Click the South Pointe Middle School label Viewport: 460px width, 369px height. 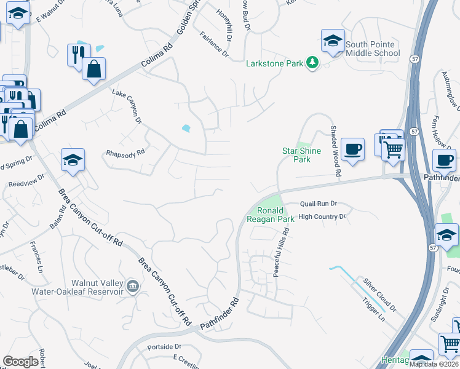coord(373,49)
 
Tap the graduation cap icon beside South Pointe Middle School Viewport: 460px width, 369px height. coord(333,41)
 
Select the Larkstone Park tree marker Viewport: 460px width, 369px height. coord(312,63)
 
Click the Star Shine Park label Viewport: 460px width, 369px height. coord(296,155)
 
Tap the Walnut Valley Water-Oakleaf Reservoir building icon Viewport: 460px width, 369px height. coord(132,285)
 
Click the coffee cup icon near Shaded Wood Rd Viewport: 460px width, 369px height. coord(352,148)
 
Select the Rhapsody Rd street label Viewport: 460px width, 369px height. coord(125,152)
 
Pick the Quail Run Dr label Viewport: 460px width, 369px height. coord(319,204)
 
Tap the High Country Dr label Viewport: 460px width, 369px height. coord(322,216)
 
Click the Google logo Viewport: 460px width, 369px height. coord(21,361)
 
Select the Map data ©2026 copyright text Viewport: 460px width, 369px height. coord(434,363)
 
